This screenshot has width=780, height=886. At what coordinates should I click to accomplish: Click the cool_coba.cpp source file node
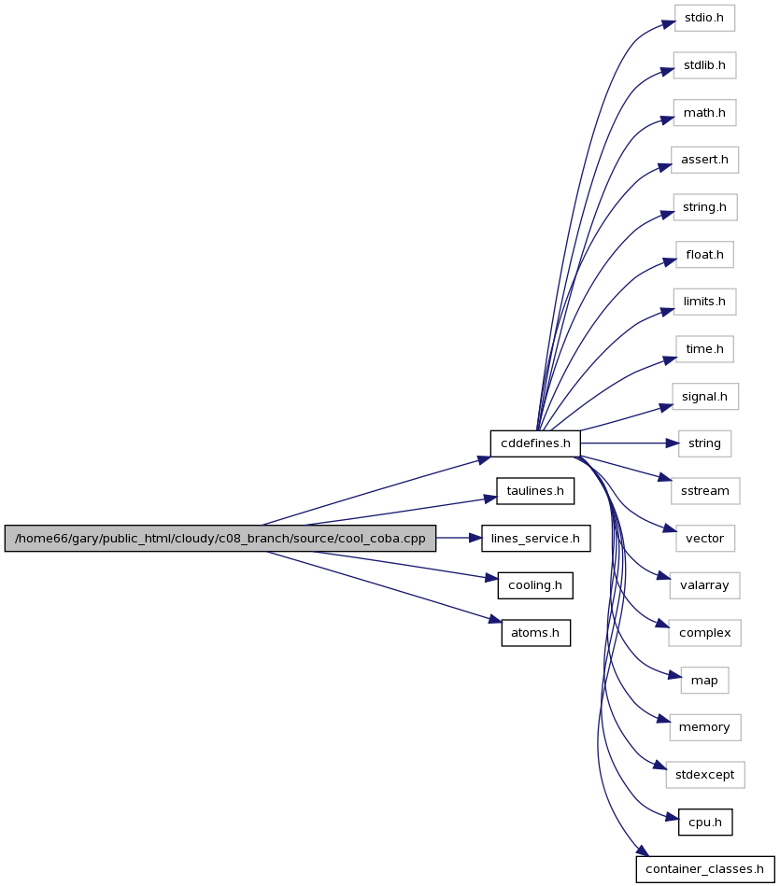(x=220, y=538)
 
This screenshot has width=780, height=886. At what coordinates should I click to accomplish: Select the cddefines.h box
(x=535, y=443)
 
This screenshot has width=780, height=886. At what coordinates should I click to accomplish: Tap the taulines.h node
(x=535, y=491)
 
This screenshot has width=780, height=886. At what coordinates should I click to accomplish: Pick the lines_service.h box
(x=536, y=538)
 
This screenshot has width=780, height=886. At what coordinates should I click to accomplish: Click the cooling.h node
(x=535, y=585)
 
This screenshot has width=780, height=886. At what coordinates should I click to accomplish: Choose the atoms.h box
(x=536, y=633)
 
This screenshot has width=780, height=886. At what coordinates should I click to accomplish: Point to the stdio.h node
(x=704, y=18)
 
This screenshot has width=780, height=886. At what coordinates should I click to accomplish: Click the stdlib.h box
(x=704, y=65)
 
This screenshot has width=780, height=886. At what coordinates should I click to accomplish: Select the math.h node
(x=704, y=113)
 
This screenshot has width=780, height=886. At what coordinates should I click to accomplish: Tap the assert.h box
(x=704, y=160)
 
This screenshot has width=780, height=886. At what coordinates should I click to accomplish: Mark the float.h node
(x=704, y=255)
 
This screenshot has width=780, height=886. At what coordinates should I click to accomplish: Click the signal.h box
(x=705, y=397)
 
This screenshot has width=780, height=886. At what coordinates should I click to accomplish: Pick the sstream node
(x=705, y=491)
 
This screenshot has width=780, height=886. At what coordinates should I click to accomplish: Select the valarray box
(x=705, y=585)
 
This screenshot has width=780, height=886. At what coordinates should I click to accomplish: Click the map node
(x=704, y=681)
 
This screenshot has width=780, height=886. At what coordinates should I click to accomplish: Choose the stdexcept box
(x=705, y=775)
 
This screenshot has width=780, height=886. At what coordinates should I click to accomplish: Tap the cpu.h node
(x=705, y=823)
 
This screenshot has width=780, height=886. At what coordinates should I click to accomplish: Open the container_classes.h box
(x=705, y=869)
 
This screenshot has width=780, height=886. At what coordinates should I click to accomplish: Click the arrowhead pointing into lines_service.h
(x=475, y=538)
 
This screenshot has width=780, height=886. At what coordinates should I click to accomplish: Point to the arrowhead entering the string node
(x=672, y=443)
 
